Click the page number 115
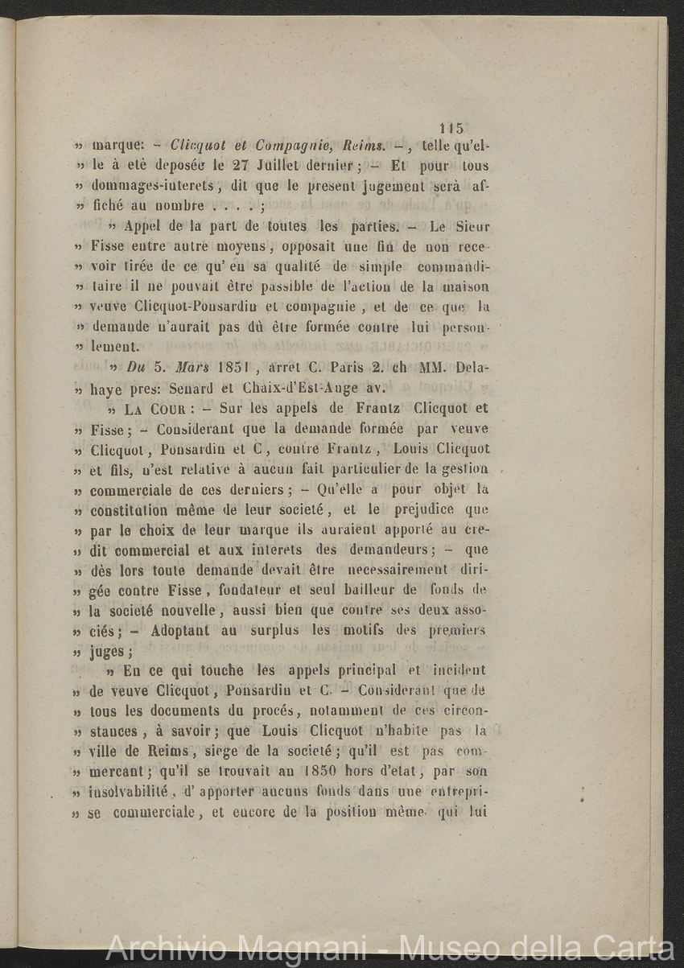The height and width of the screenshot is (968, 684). click(x=452, y=127)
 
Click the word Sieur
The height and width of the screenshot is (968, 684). click(x=472, y=227)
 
